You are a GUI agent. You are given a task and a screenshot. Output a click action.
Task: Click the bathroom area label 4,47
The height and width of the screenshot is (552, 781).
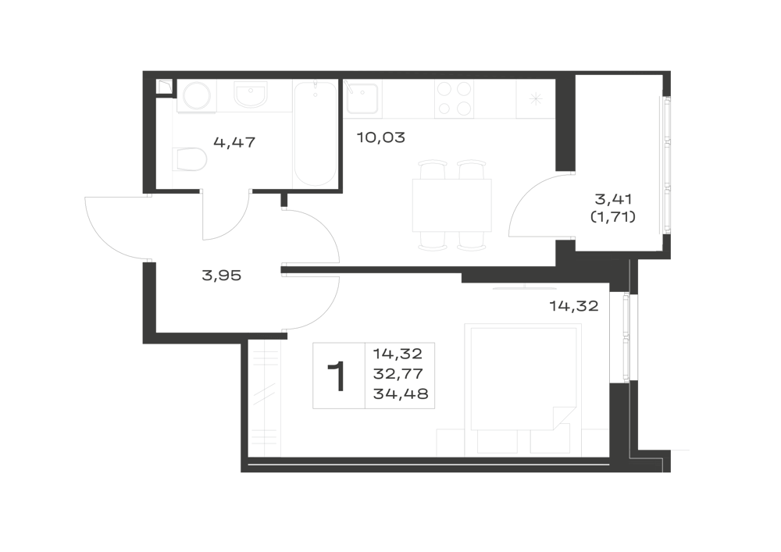click(234, 143)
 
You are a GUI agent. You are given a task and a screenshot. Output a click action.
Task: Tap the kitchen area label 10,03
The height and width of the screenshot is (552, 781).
click(381, 137)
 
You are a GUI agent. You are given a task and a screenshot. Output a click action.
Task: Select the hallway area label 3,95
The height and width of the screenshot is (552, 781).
click(222, 276)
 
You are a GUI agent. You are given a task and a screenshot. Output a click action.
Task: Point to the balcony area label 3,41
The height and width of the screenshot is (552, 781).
click(613, 200)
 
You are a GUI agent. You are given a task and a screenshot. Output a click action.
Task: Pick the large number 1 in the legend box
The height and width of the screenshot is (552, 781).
click(337, 377)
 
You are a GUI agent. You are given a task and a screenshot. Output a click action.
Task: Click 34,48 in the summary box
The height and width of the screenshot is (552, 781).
click(401, 394)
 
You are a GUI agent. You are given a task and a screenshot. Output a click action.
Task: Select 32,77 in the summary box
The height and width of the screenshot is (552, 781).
click(398, 374)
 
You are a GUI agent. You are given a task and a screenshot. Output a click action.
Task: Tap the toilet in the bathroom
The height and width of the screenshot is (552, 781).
click(191, 158)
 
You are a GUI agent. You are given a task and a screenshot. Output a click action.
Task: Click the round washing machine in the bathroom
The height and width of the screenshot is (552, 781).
click(195, 97)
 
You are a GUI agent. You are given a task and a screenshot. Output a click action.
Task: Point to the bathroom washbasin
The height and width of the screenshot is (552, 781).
click(251, 95)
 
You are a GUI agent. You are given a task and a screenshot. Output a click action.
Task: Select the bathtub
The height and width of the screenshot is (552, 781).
click(315, 134)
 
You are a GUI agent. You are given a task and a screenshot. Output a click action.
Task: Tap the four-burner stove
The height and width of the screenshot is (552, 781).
click(454, 99)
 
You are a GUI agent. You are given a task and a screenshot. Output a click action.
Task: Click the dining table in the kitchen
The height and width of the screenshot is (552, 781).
click(452, 205)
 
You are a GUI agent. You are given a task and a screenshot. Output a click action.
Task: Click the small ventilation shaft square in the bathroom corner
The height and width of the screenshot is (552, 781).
click(164, 87)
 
